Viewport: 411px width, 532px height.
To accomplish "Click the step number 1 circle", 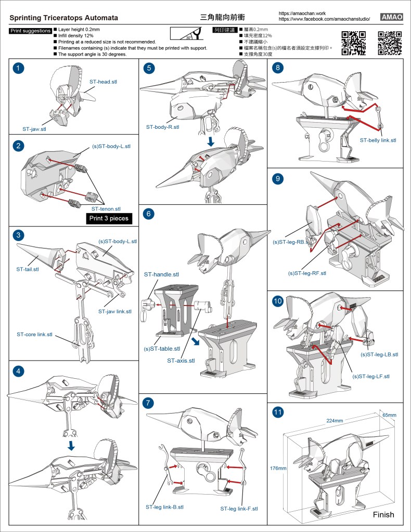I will pyautogui.click(x=19, y=68).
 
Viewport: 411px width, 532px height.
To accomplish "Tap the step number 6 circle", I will pyautogui.click(x=149, y=213).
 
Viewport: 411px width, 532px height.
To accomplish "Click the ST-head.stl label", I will pyautogui.click(x=104, y=82).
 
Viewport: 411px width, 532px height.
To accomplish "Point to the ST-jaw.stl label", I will pyautogui.click(x=34, y=128).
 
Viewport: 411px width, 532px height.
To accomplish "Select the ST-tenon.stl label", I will pyautogui.click(x=103, y=208).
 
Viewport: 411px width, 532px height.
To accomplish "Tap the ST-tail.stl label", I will pyautogui.click(x=28, y=269).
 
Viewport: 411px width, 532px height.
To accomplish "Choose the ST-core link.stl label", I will pyautogui.click(x=34, y=334).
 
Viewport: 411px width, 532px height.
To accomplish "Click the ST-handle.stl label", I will pyautogui.click(x=161, y=274).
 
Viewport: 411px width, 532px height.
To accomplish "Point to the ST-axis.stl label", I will pyautogui.click(x=181, y=361).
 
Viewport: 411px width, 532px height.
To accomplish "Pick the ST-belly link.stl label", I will pyautogui.click(x=378, y=140).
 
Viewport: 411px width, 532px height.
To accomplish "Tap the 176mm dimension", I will pyautogui.click(x=278, y=468).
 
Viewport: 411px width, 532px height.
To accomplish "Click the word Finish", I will pyautogui.click(x=384, y=515).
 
